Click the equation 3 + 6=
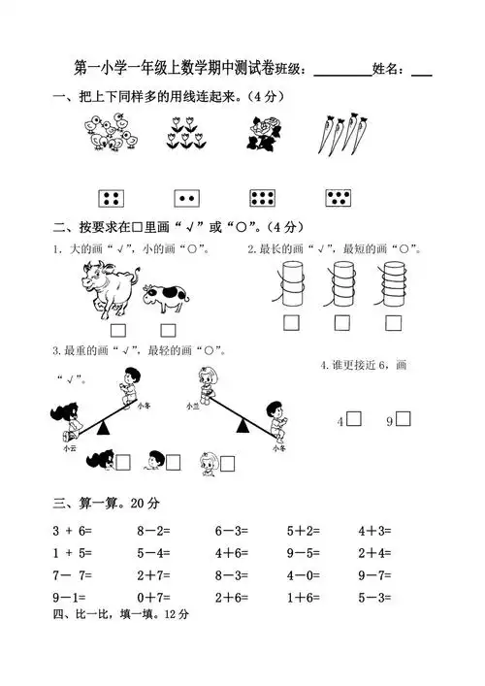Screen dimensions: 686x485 tap(70, 532)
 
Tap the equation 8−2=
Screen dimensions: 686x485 tap(153, 532)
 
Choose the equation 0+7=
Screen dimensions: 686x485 tap(153, 598)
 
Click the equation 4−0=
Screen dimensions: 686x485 tap(304, 575)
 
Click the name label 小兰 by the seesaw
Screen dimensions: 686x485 tap(192, 407)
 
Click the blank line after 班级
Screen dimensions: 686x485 tap(342, 72)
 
